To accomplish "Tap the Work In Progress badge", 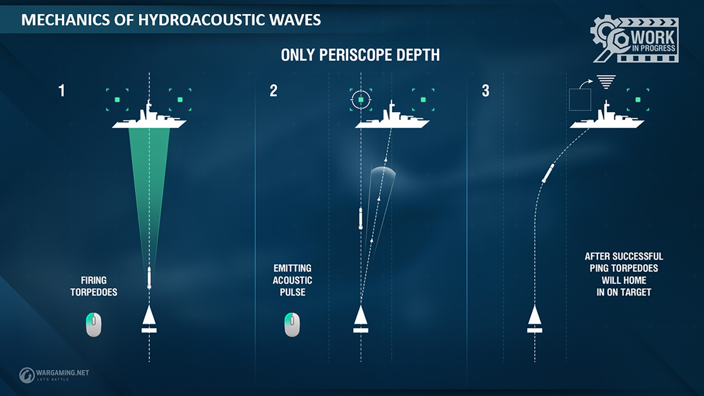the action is click(x=634, y=39).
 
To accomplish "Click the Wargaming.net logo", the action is click(x=54, y=375).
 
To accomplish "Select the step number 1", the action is click(x=62, y=91).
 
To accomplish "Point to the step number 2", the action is click(x=273, y=91).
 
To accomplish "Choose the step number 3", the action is click(x=486, y=91).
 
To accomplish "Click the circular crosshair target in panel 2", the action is click(x=361, y=100).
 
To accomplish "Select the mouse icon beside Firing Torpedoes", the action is click(x=94, y=324).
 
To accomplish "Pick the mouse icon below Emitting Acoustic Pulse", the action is click(x=292, y=324).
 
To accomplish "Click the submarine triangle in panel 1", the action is click(x=149, y=315).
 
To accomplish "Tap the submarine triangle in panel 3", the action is click(x=535, y=315).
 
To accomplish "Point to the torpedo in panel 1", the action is click(x=149, y=278).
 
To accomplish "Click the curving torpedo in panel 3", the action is click(x=548, y=173).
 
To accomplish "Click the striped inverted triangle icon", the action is click(x=606, y=82).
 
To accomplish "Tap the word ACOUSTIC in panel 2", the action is click(x=292, y=280).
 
